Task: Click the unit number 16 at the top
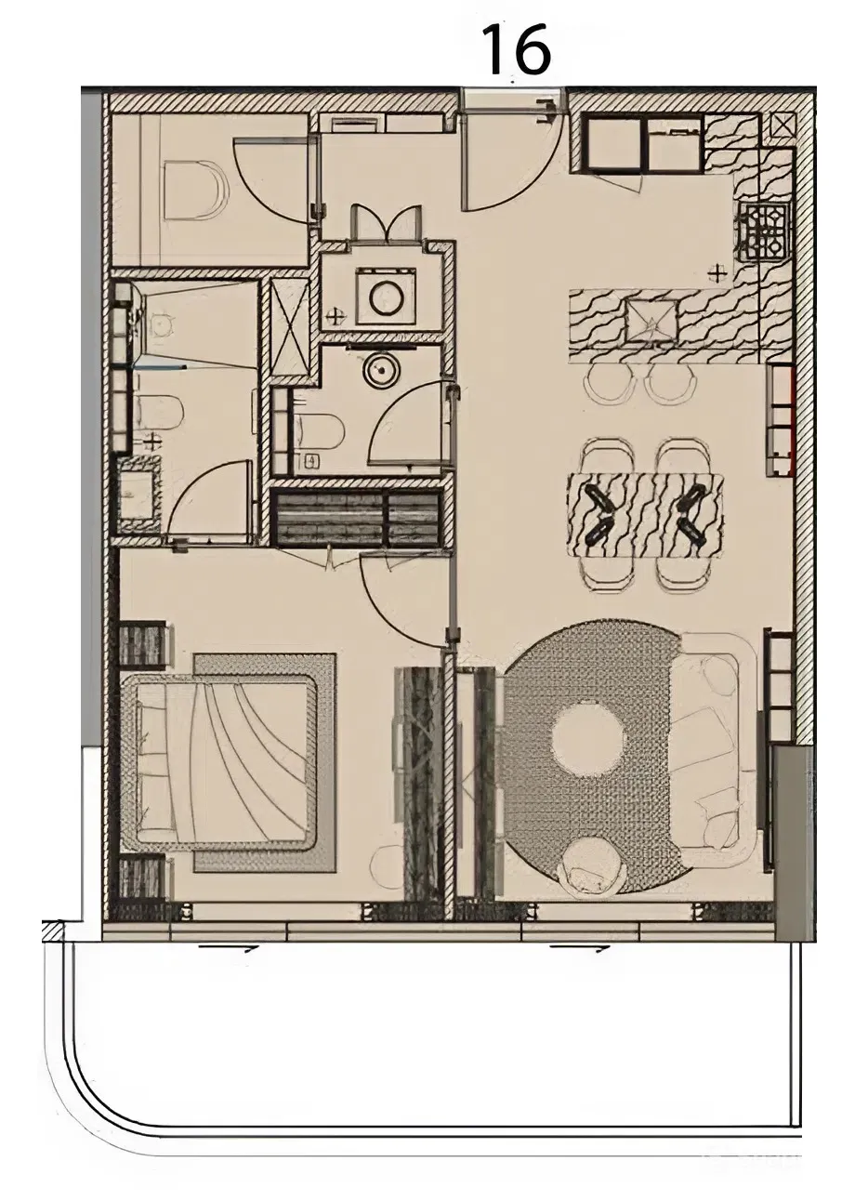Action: [517, 48]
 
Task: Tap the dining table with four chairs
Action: [645, 515]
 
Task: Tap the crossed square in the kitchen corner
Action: [783, 128]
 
